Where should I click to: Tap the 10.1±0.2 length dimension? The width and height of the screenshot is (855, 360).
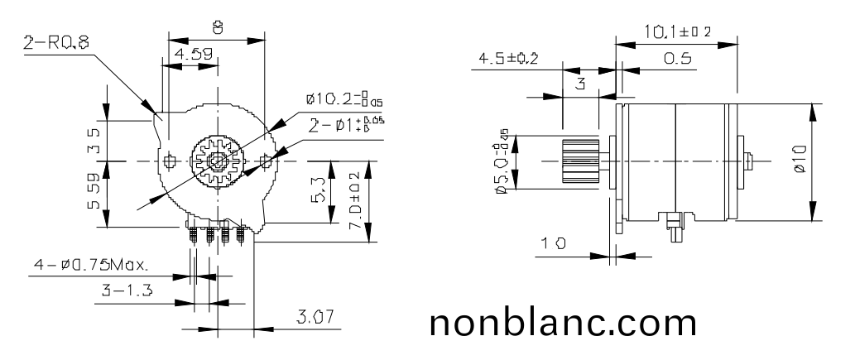coord(677,32)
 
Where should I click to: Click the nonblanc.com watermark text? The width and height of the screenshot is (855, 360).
coord(564,323)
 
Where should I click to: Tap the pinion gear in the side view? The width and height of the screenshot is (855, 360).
coord(579,161)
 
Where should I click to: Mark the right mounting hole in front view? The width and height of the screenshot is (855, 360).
coord(266,159)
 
